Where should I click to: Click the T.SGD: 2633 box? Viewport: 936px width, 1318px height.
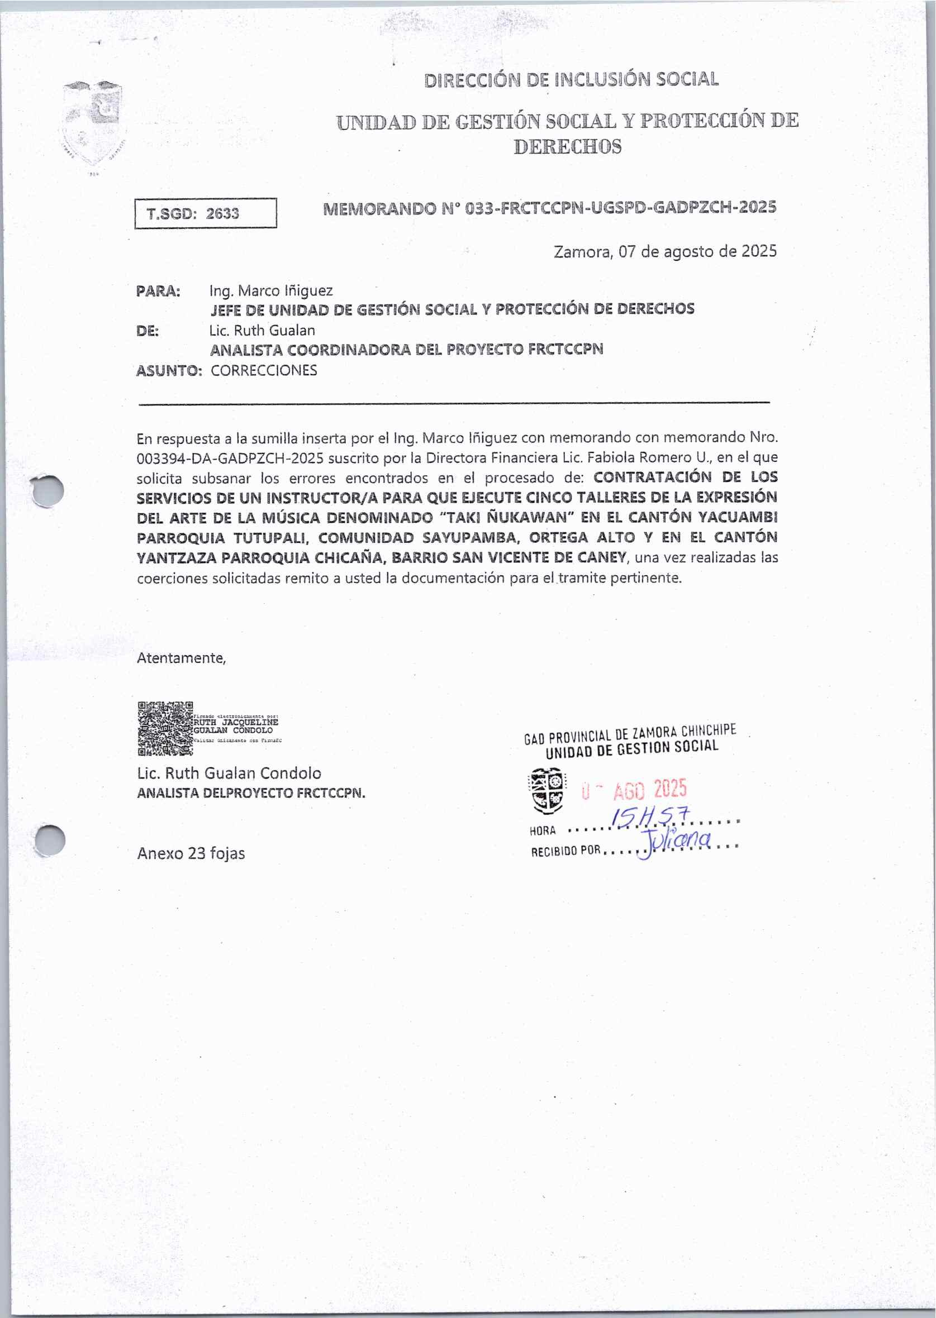pos(205,213)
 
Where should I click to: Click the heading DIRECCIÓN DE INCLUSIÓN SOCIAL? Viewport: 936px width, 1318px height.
pos(571,79)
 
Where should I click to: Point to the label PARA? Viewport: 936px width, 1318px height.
pos(158,291)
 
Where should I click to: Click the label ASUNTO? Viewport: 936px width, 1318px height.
pos(169,370)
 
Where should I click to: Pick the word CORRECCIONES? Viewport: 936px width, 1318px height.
pos(264,370)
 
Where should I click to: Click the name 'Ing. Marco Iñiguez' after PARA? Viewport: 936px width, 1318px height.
pos(270,291)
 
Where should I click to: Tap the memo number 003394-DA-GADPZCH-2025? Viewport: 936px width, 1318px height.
pos(229,458)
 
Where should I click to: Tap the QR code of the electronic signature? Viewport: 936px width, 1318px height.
pos(165,728)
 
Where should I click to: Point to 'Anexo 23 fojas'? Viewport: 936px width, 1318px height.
pos(191,853)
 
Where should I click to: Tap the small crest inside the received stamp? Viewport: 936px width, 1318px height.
pos(547,790)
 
